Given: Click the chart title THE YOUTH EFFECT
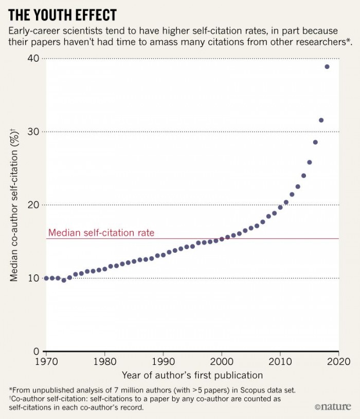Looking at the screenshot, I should (62, 14).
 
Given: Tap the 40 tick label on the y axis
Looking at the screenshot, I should (34, 59).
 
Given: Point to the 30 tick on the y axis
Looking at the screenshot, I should (34, 132).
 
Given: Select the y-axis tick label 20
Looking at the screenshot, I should (34, 205).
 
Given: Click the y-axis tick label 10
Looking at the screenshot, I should (34, 278).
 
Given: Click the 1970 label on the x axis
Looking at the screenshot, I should (46, 362).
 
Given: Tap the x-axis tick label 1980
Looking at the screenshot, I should (105, 362).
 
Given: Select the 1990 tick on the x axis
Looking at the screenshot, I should (163, 362).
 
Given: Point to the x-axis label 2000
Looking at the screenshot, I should (222, 362).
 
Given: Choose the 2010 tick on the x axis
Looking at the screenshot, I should (280, 362).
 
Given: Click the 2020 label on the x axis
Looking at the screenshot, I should (338, 362).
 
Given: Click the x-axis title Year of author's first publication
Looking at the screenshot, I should (192, 375).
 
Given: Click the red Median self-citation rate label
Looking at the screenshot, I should (101, 233).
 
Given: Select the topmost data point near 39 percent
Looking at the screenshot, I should (327, 67).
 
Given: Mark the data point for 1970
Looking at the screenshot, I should (46, 278).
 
